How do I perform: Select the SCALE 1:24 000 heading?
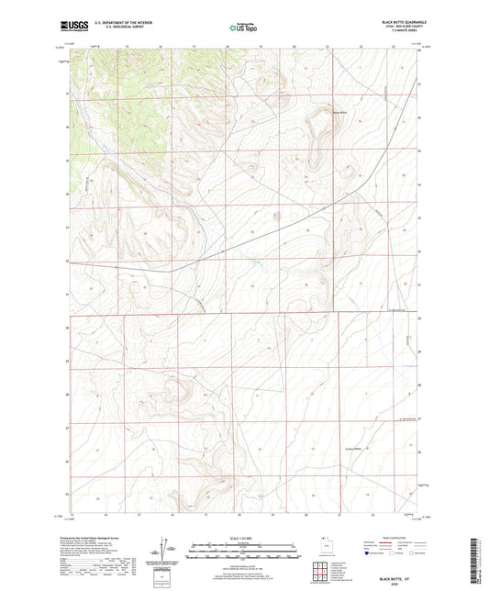(244, 538)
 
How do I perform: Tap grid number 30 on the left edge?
(67, 327)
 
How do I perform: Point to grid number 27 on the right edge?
(419, 428)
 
